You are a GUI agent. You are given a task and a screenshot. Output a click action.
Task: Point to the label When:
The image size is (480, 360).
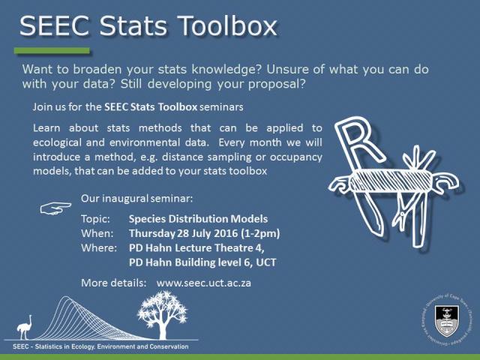(96, 233)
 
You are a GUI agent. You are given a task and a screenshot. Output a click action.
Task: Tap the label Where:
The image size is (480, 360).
(98, 247)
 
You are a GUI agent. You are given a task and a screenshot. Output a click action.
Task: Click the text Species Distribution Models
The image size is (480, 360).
(198, 219)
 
